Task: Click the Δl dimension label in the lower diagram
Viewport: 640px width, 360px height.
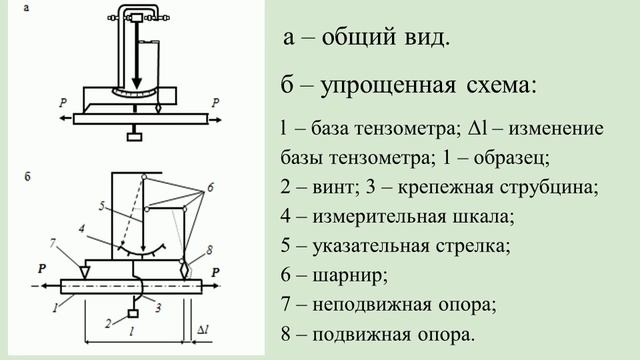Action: [x=203, y=328]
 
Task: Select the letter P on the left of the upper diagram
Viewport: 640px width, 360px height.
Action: [x=63, y=101]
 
